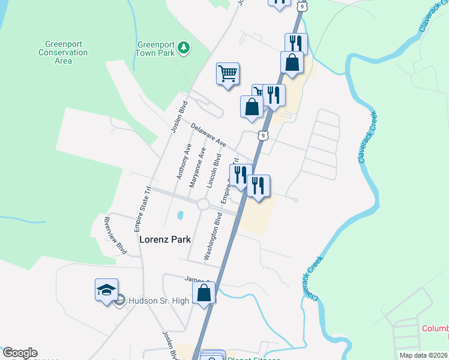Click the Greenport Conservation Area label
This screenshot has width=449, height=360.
click(67, 52)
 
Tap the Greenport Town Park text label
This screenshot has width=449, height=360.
click(156, 48)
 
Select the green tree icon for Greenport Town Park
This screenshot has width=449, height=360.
click(184, 47)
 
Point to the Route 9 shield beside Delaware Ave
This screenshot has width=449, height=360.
click(264, 136)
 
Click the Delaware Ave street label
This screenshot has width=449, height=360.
click(208, 136)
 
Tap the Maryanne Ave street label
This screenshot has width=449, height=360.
click(197, 167)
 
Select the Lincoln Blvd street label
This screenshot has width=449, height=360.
click(214, 171)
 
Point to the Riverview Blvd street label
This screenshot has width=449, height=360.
click(116, 235)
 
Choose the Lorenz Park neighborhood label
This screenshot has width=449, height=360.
click(165, 239)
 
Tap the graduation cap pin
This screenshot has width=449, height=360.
click(106, 290)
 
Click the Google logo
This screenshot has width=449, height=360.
click(20, 353)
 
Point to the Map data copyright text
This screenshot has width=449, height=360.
click(424, 355)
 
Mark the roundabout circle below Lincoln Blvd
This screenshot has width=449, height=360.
click(203, 205)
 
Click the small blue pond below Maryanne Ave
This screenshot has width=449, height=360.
click(179, 215)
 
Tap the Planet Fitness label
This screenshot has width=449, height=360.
click(253, 359)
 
